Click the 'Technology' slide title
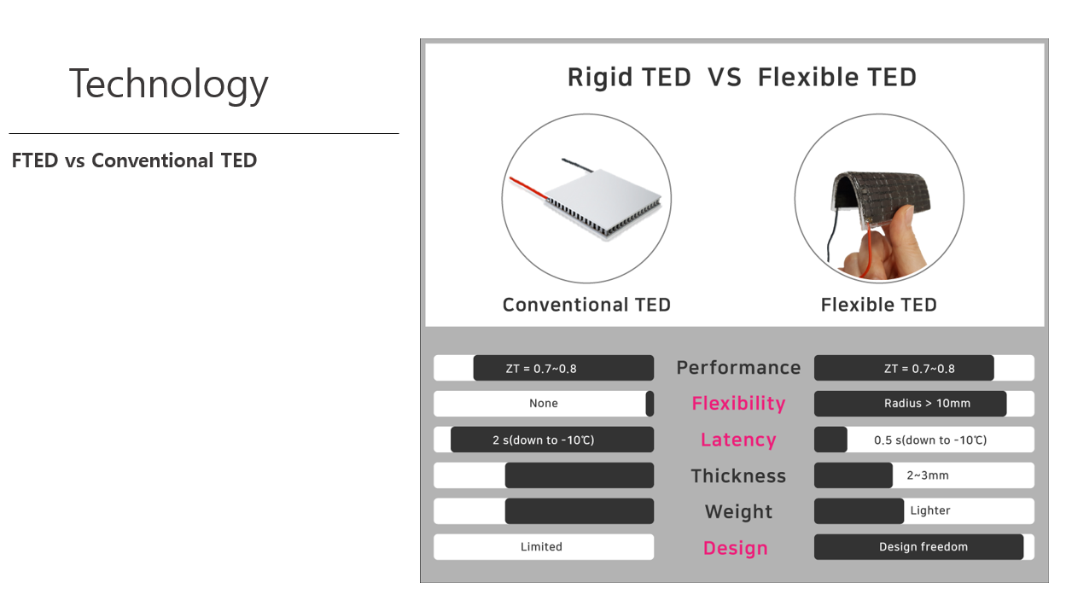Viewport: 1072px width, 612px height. tap(168, 85)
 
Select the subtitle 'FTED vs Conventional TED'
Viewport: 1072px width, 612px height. tap(135, 160)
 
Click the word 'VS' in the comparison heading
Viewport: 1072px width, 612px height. tap(724, 78)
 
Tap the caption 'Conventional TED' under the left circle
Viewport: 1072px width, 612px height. tap(586, 305)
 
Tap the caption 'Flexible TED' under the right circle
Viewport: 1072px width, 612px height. tap(878, 305)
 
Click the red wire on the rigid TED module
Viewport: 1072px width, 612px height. tap(528, 188)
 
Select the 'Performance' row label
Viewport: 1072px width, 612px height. tap(738, 368)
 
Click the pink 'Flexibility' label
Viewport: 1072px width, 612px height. tap(738, 404)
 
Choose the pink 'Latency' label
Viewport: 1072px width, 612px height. tap(738, 440)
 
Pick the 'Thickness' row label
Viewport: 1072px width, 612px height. tap(738, 475)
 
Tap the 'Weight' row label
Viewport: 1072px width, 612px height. tap(738, 511)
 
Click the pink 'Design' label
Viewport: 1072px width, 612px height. tap(736, 548)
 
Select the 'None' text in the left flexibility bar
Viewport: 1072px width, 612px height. tap(544, 404)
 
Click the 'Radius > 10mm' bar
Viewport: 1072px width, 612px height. tap(910, 404)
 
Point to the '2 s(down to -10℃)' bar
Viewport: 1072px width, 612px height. tap(552, 440)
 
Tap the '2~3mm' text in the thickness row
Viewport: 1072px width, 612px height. tap(928, 475)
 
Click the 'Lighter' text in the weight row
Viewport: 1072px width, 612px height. tap(929, 510)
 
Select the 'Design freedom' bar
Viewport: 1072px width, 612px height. tap(919, 547)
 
